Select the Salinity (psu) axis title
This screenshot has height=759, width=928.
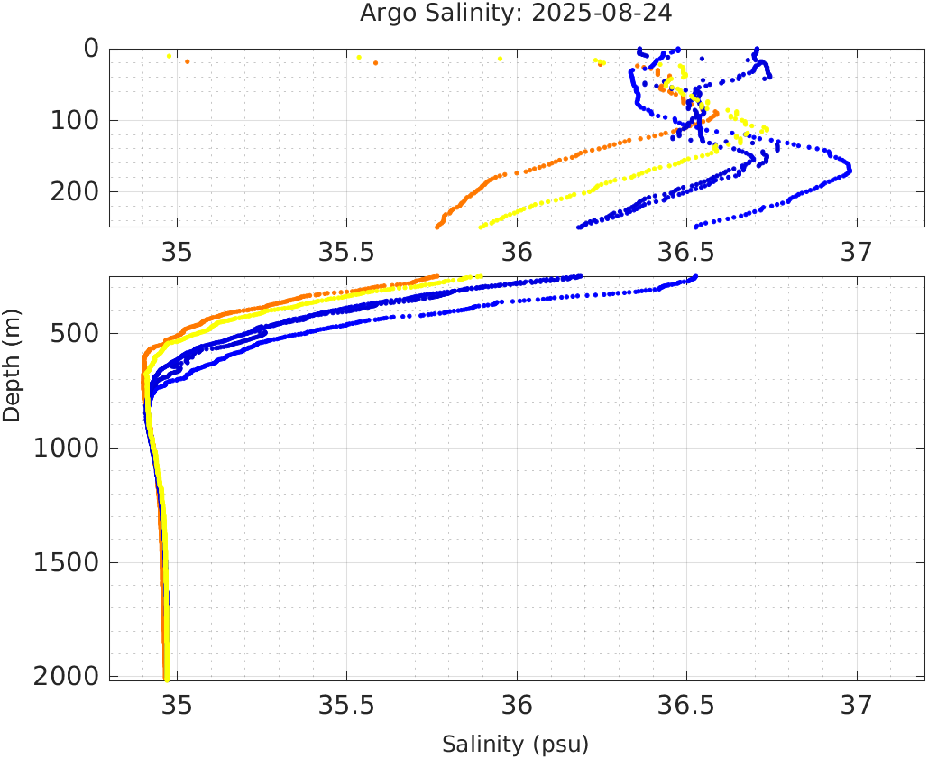click(515, 745)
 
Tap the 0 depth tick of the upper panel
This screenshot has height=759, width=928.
click(91, 49)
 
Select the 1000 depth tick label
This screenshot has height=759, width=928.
click(66, 449)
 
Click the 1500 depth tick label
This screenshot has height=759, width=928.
click(66, 563)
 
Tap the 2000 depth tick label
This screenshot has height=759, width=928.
click(66, 677)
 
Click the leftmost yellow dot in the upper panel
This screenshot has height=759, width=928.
click(169, 56)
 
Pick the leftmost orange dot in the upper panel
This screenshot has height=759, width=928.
click(187, 61)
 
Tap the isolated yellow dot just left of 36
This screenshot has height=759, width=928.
click(500, 59)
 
